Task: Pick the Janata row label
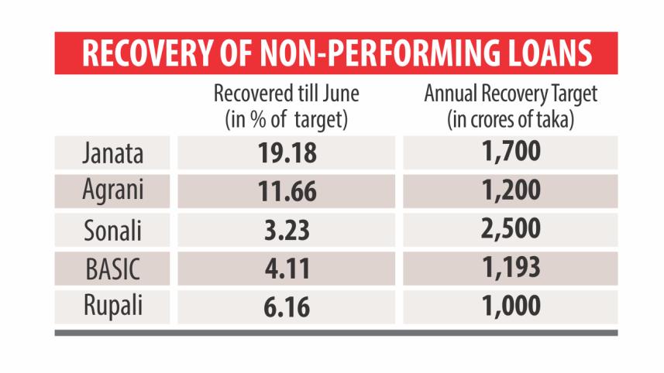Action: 113,153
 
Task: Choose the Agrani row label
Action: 113,191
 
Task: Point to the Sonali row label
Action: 113,230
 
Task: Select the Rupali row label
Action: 113,306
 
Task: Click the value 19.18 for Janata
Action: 287,153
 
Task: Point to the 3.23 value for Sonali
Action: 287,231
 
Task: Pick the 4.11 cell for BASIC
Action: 287,269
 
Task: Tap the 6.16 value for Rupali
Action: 287,307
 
